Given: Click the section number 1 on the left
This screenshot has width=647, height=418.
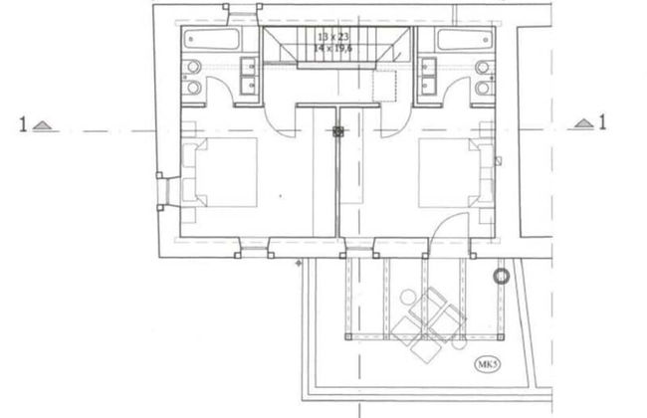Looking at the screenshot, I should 21,124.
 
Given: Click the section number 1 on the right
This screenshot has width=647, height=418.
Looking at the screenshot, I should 601,123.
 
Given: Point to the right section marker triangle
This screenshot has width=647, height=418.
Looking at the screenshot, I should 584,124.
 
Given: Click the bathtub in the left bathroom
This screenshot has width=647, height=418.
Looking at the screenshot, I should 211,42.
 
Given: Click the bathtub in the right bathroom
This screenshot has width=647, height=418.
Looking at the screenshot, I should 466,42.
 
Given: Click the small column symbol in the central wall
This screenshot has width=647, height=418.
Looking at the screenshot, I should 338,130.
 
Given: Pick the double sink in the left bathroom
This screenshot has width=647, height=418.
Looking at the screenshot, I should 248,76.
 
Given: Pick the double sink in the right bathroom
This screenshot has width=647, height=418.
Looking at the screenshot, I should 428,76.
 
